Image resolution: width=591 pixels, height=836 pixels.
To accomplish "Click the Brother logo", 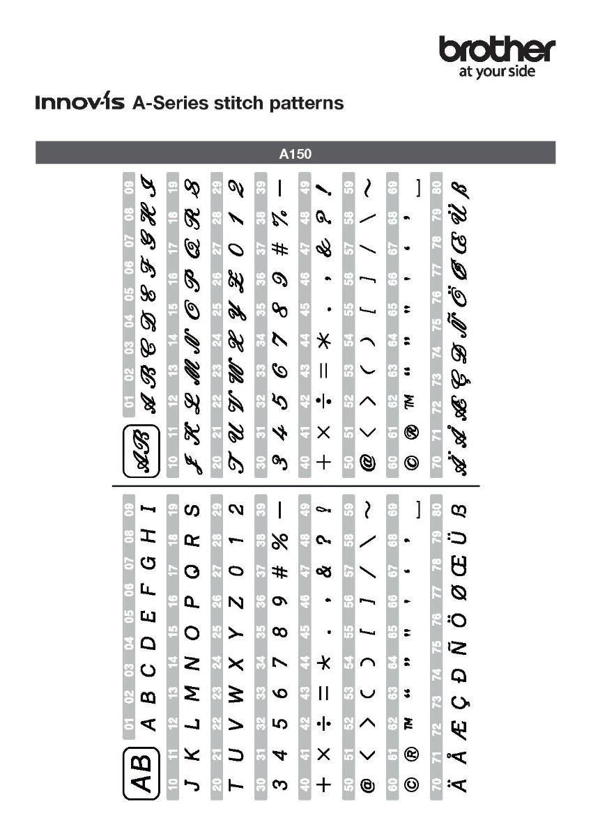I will [497, 50].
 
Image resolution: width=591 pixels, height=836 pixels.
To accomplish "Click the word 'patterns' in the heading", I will [309, 103].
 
